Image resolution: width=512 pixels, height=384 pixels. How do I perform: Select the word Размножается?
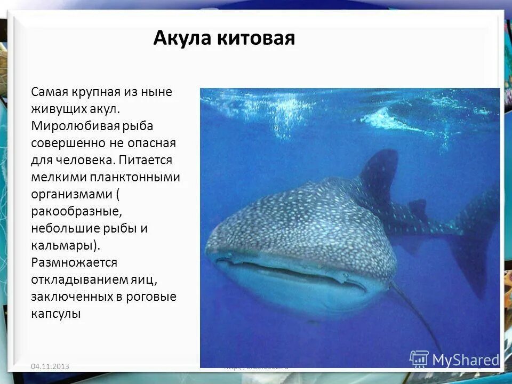tap(74, 262)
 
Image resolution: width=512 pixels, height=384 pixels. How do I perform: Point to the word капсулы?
tap(56, 314)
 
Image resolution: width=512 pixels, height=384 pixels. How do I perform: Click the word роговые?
tap(152, 297)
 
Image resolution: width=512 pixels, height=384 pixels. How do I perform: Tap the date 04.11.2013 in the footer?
tap(50, 366)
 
